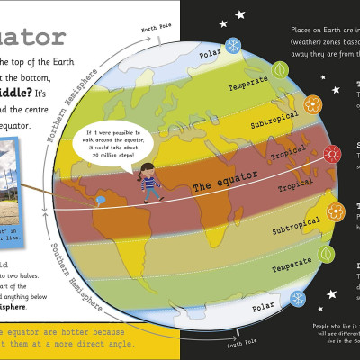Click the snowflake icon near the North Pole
coord(232,46)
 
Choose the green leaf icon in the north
coord(281,68)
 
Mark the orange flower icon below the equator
coord(336,212)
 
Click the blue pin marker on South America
coord(102,199)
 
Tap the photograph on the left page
coord(26,191)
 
